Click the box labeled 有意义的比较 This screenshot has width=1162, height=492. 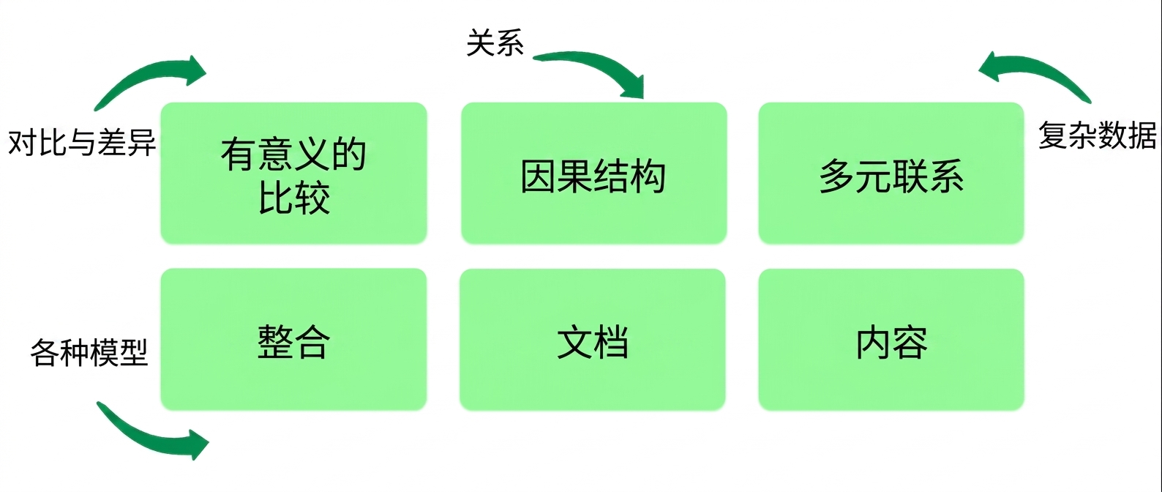coord(293,173)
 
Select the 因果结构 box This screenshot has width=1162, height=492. coord(594,173)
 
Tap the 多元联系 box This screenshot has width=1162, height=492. coord(891,173)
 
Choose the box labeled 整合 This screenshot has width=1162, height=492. coord(293,340)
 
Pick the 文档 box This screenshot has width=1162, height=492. coord(593,340)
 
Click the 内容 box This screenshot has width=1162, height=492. coord(891,340)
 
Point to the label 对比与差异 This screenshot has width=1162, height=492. coord(82,142)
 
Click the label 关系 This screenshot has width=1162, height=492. coord(495,42)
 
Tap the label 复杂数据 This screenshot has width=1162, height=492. coord(1097,135)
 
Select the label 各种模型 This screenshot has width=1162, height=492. coord(89,352)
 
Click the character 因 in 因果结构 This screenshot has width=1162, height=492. coord(539,176)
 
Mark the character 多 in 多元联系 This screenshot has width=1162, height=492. coord(837,176)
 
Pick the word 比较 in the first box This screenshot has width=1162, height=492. coord(294,198)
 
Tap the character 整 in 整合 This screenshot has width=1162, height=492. coord(275,342)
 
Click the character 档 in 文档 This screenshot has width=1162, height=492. coord(610,342)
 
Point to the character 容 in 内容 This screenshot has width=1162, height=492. coord(910,342)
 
